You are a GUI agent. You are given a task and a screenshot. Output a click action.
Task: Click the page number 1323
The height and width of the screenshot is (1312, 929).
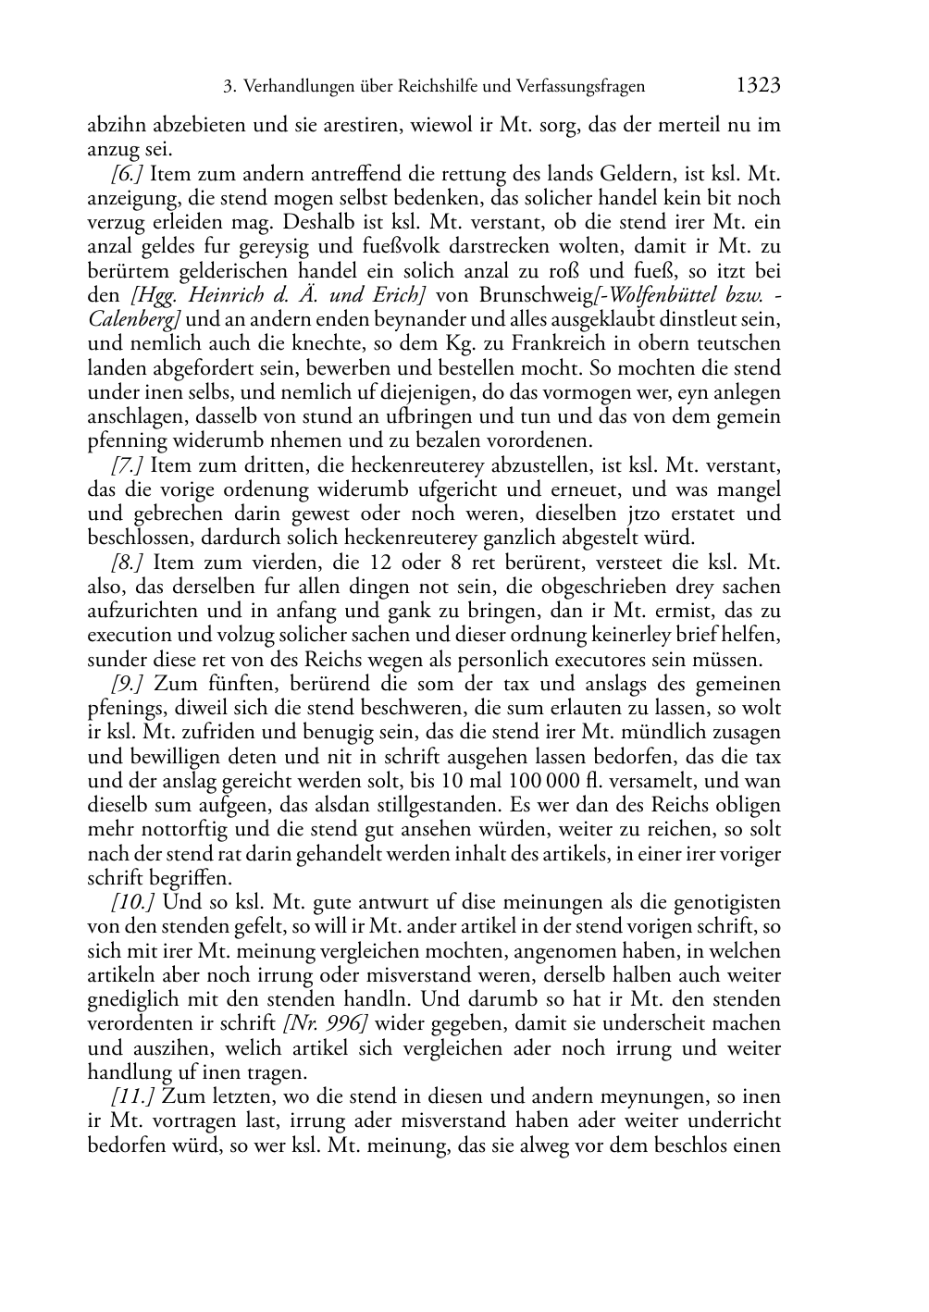click(x=758, y=86)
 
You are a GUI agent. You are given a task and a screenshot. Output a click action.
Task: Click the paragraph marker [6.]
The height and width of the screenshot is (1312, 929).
click(x=126, y=173)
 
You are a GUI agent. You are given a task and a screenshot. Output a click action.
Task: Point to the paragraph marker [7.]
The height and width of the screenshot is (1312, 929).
click(x=126, y=464)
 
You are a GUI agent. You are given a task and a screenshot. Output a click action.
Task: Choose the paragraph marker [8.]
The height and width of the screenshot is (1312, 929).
click(x=128, y=562)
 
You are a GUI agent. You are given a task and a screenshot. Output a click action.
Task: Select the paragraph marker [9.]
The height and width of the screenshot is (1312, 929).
click(x=128, y=684)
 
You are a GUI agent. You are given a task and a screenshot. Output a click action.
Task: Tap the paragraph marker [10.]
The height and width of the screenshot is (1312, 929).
click(x=131, y=902)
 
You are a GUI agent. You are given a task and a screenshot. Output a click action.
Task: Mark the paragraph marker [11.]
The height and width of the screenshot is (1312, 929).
click(x=131, y=1096)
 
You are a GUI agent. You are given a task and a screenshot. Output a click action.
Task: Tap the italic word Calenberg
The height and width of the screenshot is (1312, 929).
click(x=130, y=319)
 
